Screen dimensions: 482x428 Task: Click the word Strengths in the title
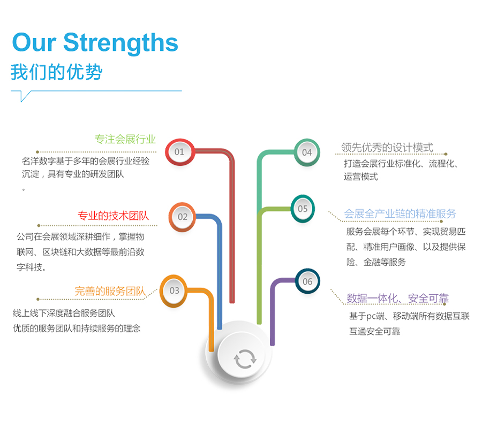click(x=121, y=43)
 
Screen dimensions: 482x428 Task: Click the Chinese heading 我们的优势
click(x=56, y=72)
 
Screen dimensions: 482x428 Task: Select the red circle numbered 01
click(x=180, y=152)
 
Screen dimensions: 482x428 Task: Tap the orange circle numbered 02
click(x=182, y=217)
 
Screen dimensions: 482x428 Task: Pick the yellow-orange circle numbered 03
click(x=174, y=291)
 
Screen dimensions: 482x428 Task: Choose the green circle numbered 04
click(x=307, y=152)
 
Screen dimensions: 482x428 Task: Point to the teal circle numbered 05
click(x=303, y=209)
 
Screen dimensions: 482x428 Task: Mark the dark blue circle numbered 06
click(x=307, y=281)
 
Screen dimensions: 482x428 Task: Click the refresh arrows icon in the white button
click(x=245, y=358)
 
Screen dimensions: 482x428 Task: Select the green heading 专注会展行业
click(x=125, y=139)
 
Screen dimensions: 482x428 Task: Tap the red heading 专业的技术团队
click(x=113, y=216)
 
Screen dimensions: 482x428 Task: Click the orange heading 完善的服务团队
click(x=110, y=291)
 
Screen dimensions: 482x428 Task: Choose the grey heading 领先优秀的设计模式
click(x=387, y=147)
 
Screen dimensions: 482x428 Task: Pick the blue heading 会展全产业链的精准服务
click(x=400, y=213)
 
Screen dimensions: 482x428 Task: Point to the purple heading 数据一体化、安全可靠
click(x=398, y=298)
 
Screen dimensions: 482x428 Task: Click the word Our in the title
click(x=34, y=43)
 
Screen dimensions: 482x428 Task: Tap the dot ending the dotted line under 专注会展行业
click(x=37, y=152)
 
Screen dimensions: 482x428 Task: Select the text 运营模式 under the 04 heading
click(x=360, y=177)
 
